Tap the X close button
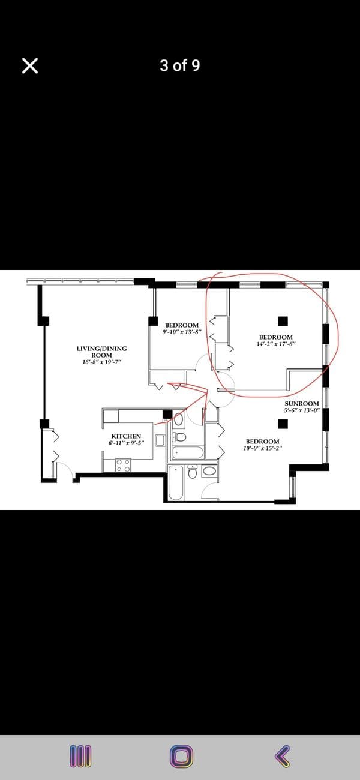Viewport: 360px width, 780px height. [30, 65]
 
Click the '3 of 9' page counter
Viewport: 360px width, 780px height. [179, 65]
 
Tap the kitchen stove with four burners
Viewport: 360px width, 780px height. [123, 465]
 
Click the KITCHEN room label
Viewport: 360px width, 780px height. [126, 436]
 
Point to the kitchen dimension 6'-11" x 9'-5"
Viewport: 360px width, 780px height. [126, 443]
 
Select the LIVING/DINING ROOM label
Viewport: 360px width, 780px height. [101, 352]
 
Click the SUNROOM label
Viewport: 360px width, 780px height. [302, 404]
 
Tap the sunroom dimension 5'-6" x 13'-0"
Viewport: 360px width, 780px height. [302, 410]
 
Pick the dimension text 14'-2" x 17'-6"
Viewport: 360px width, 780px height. [276, 344]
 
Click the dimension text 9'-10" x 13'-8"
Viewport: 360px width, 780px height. [182, 332]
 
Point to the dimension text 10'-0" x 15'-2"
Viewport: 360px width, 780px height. [263, 448]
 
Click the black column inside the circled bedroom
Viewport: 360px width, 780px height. [283, 321]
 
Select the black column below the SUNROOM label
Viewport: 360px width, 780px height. [283, 424]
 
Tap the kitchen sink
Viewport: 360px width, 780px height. [160, 440]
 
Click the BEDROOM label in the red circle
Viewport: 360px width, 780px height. [276, 337]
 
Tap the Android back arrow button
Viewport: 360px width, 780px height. [283, 756]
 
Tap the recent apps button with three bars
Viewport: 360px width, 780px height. [81, 757]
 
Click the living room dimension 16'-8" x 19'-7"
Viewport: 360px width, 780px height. [101, 362]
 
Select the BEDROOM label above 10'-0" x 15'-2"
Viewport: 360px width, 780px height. [263, 441]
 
